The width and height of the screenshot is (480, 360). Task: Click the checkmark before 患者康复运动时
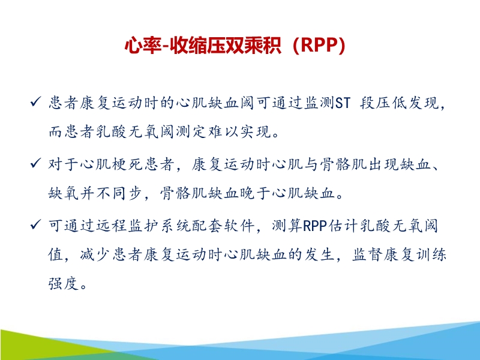point(35,103)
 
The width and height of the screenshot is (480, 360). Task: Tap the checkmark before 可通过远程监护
point(35,226)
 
